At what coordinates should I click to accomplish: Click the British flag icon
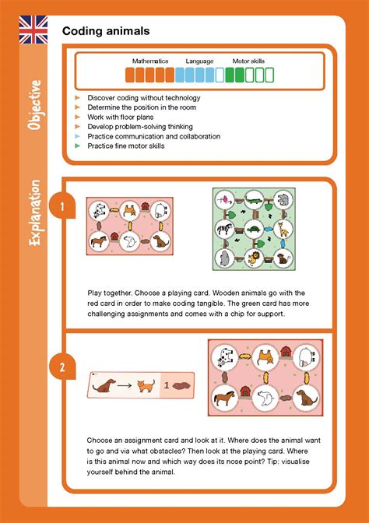tap(33, 30)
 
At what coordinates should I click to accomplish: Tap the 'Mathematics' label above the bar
tap(149, 61)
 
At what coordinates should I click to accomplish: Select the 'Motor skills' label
tap(248, 61)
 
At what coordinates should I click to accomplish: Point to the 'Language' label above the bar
tap(199, 61)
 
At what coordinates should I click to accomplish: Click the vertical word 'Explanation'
tap(33, 213)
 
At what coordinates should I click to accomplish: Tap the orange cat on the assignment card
tap(143, 384)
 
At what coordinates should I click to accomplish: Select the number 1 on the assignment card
tap(166, 384)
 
